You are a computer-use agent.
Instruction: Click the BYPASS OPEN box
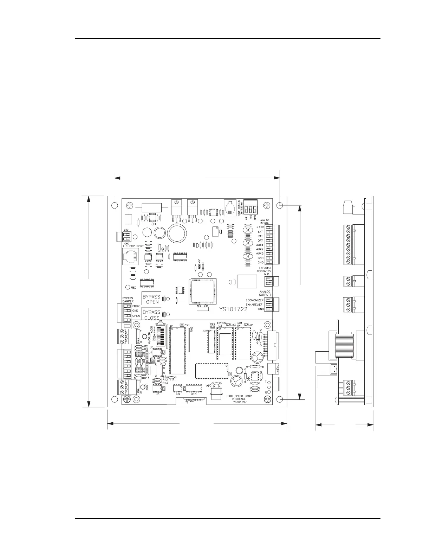point(151,299)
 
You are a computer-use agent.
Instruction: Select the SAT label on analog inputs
point(260,232)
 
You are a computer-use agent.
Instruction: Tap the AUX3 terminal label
point(260,254)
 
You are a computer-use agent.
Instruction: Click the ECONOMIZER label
point(254,300)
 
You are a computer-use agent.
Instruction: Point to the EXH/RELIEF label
point(254,305)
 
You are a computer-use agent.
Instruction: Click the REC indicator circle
point(128,287)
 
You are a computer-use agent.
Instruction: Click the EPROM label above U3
point(222,322)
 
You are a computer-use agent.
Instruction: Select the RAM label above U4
point(239,322)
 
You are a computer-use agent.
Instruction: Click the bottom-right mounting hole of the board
point(280,400)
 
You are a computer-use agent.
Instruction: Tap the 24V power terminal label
point(125,230)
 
